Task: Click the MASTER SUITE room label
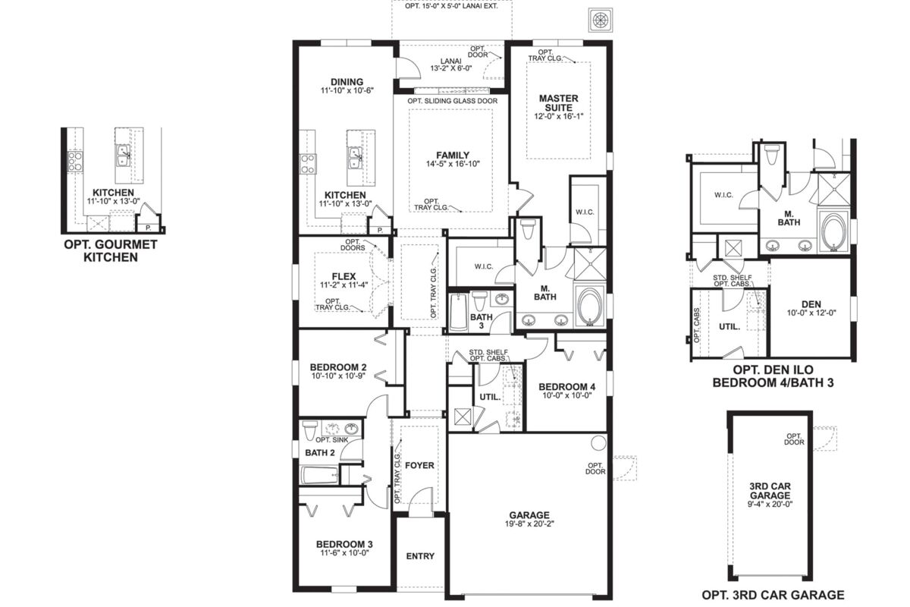point(558,103)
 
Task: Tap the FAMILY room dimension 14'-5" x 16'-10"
point(453,164)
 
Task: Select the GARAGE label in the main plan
point(529,515)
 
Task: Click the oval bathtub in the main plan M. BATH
point(589,307)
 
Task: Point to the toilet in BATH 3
point(480,300)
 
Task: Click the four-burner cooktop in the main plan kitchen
point(308,164)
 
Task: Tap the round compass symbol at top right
point(601,20)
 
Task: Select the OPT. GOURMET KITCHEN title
point(111,251)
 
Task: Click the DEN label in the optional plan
point(811,303)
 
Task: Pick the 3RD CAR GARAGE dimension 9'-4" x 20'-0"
point(770,504)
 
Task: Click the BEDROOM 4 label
point(566,386)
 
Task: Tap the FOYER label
point(419,465)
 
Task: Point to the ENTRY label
point(420,555)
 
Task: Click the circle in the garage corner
point(598,443)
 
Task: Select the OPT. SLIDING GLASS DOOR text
point(453,101)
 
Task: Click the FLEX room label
point(344,276)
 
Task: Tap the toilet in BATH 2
point(310,430)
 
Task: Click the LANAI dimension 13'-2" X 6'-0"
point(451,68)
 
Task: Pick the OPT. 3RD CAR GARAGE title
point(773,595)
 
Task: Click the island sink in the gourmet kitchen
point(123,156)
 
